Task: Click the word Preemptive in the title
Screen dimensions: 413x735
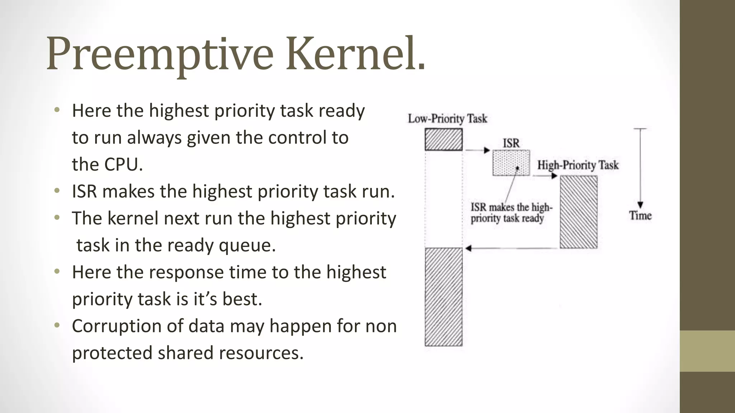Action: pos(160,54)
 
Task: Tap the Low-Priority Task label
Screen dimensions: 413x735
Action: pos(447,119)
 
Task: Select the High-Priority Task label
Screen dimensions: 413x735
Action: pos(578,165)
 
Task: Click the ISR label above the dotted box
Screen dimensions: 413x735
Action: pos(511,143)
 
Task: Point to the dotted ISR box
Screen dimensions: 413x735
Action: pos(511,163)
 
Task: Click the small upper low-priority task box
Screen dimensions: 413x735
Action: pos(444,139)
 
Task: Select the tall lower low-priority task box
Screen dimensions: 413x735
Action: pos(444,297)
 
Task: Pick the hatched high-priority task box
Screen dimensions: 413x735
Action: pos(579,212)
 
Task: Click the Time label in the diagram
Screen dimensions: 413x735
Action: pos(640,215)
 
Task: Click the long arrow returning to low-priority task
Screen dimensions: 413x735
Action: pos(511,248)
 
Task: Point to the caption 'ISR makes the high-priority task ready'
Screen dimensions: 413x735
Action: pos(511,213)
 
